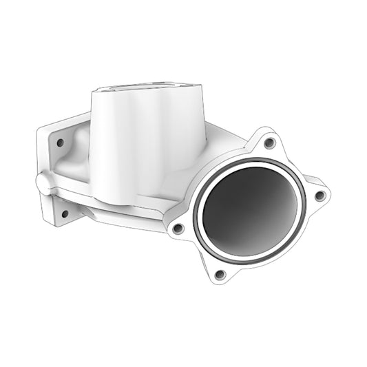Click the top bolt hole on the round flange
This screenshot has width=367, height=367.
pos(269,143)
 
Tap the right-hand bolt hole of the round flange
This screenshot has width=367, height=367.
pos(319,196)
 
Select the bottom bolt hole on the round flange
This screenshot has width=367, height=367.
pos(220,274)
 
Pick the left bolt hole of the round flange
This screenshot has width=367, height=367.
pos(178,227)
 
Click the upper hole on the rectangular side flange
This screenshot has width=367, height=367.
pos(61,143)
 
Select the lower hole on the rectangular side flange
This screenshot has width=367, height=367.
pos(65,213)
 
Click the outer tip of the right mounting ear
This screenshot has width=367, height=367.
pos(329,194)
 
